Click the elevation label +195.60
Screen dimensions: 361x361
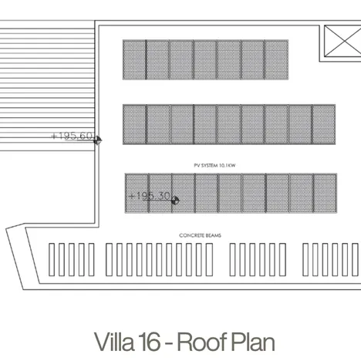tap(72, 137)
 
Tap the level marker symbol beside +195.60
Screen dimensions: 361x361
tap(98, 140)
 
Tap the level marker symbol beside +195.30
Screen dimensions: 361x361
tap(175, 200)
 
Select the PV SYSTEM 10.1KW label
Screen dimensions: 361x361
tap(214, 165)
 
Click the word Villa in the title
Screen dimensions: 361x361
tap(114, 341)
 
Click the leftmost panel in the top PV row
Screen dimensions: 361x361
tap(134, 59)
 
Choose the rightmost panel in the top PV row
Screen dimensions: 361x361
tap(276, 59)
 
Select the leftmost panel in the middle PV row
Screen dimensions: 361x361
tap(134, 123)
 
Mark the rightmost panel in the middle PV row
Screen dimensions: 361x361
tap(324, 123)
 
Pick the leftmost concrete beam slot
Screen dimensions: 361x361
tap(51, 260)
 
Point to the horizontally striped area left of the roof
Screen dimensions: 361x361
tap(46, 85)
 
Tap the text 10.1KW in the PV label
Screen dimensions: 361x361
tap(228, 165)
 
